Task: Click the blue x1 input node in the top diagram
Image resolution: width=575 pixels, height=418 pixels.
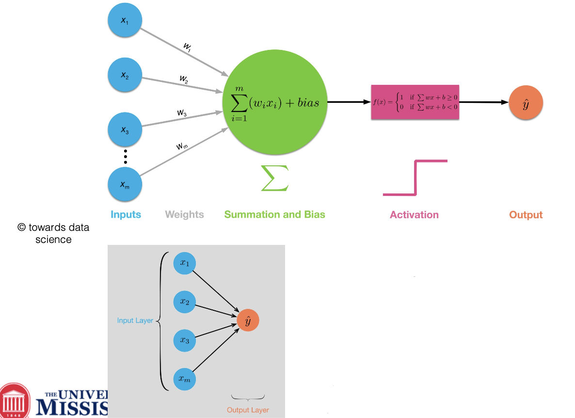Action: (125, 20)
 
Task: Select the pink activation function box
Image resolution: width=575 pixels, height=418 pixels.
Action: (415, 102)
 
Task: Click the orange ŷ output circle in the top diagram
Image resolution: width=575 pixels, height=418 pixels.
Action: (526, 103)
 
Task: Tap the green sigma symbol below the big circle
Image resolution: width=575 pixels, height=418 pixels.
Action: (274, 178)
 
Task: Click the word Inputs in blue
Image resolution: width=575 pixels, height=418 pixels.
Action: (126, 214)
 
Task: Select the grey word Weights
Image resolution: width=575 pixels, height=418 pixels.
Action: (184, 214)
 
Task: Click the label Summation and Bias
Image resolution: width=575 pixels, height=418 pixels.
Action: (274, 214)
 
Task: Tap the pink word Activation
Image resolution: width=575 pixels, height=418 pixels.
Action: (414, 215)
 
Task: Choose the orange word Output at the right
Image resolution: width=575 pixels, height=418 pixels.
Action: (526, 215)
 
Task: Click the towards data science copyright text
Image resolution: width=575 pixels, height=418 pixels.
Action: (53, 233)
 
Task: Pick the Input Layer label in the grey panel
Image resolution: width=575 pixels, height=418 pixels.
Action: (135, 321)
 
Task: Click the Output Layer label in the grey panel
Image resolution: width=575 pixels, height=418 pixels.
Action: (248, 410)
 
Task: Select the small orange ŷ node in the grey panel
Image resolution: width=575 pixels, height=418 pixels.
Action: (248, 321)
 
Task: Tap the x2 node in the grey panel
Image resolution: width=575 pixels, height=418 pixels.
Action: (185, 302)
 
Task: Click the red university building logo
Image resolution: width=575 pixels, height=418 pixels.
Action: (17, 401)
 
